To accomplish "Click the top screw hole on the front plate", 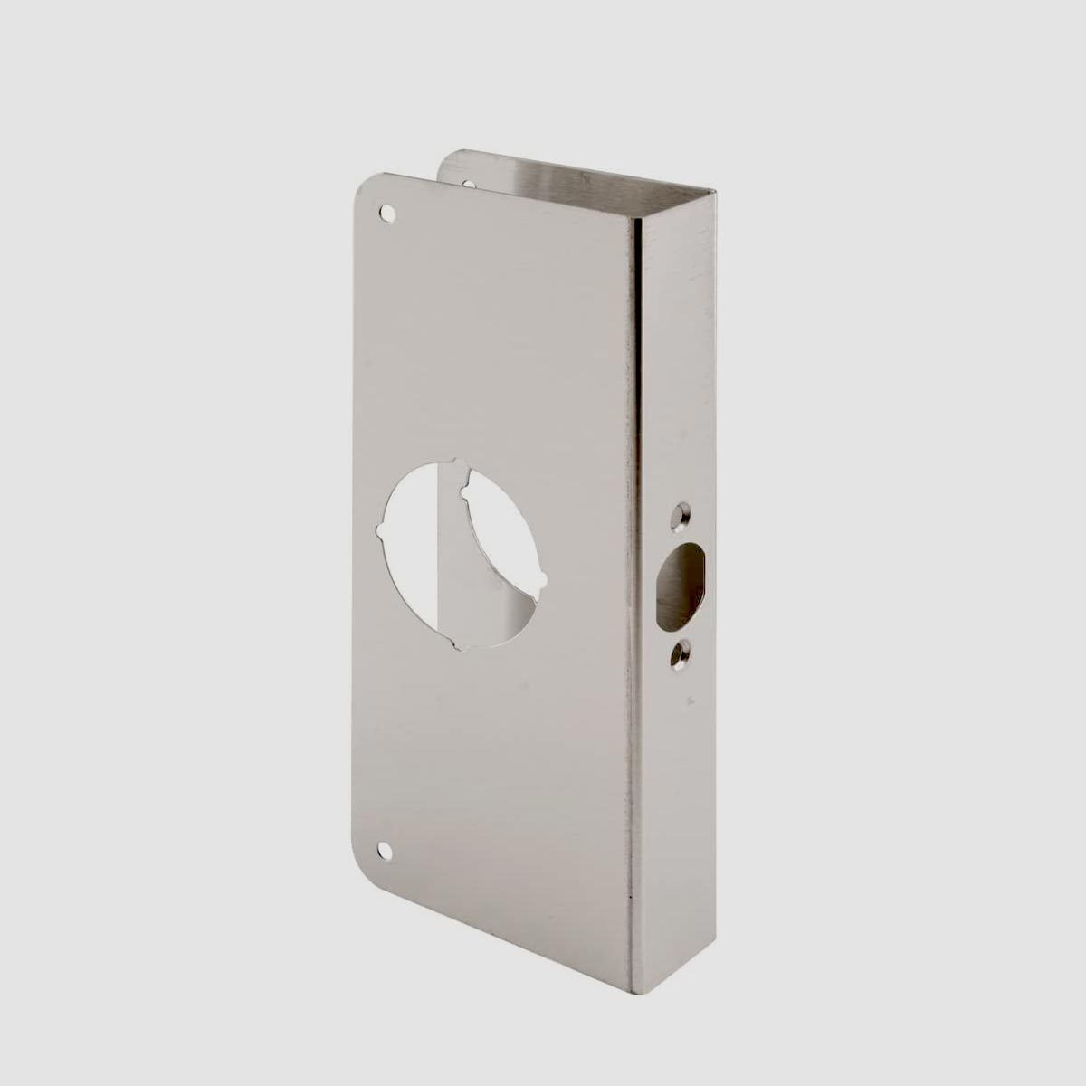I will tap(388, 214).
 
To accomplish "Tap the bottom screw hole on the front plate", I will tap(387, 852).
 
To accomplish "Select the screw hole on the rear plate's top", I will tap(468, 184).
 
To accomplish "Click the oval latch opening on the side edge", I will tap(680, 586).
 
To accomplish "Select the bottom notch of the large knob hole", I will tap(457, 644).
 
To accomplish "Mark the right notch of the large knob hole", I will tap(541, 582).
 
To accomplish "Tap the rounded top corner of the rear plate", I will tap(451, 157).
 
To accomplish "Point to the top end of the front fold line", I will tap(633, 217).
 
